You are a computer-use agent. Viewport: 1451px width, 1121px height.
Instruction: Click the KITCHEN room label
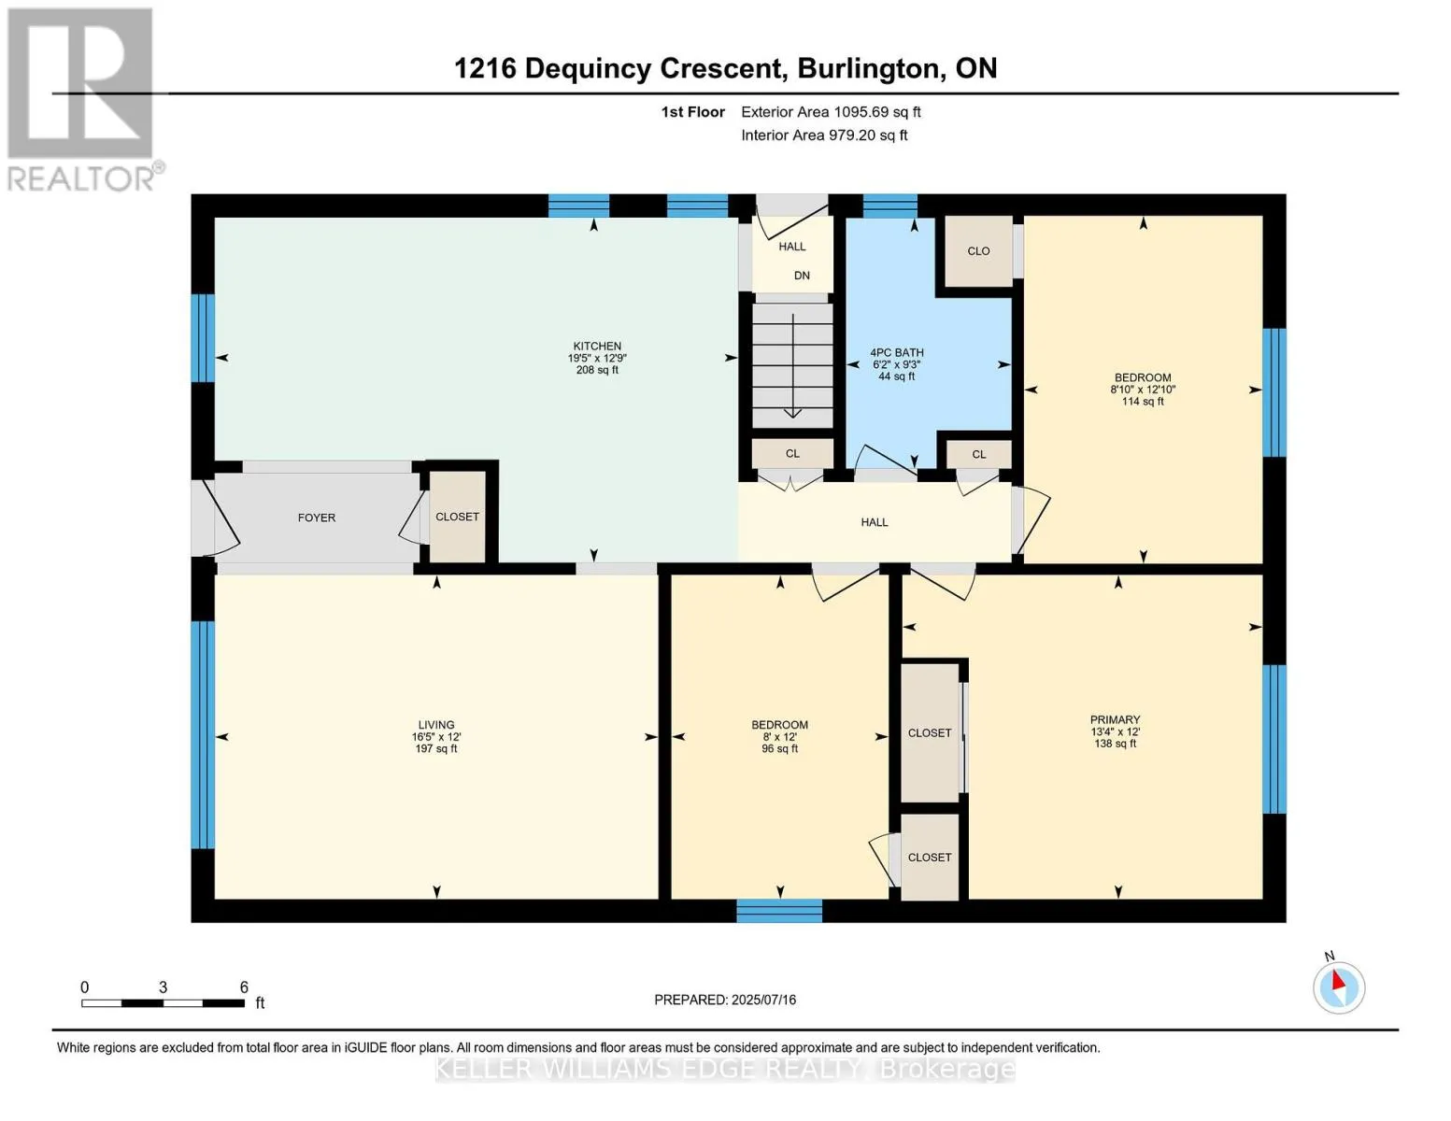pyautogui.click(x=597, y=346)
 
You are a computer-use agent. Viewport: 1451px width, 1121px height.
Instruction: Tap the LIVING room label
pyautogui.click(x=436, y=724)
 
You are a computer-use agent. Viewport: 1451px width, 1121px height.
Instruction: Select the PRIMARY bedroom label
pyautogui.click(x=1115, y=719)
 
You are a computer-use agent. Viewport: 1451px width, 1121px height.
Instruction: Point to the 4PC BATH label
pyautogui.click(x=896, y=352)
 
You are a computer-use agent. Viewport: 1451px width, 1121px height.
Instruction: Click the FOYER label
pyautogui.click(x=317, y=518)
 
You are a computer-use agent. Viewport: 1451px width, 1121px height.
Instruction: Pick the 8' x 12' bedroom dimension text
pyautogui.click(x=779, y=737)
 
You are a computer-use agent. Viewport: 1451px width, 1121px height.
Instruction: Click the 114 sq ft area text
pyautogui.click(x=1143, y=402)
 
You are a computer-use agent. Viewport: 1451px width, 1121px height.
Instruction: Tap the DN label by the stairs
pyautogui.click(x=802, y=276)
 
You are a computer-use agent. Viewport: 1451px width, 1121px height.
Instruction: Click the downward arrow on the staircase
pyautogui.click(x=792, y=366)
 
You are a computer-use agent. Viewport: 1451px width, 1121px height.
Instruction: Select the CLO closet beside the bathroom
pyautogui.click(x=978, y=251)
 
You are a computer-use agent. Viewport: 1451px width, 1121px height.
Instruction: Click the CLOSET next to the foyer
pyautogui.click(x=457, y=517)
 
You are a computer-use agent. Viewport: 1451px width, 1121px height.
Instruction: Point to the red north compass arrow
pyautogui.click(x=1338, y=981)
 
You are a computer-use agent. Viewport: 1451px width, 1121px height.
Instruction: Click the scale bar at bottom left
pyautogui.click(x=163, y=1003)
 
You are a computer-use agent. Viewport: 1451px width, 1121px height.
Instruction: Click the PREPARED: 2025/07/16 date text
pyautogui.click(x=724, y=1000)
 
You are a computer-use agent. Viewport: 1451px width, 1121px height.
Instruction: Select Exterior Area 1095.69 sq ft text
pyautogui.click(x=831, y=112)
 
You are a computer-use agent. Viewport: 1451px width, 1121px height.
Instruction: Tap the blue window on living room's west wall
pyautogui.click(x=203, y=735)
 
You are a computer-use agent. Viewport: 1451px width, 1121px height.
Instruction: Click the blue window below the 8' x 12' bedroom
pyautogui.click(x=779, y=911)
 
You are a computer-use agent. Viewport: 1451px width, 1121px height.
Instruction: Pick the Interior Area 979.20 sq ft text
pyautogui.click(x=824, y=135)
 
